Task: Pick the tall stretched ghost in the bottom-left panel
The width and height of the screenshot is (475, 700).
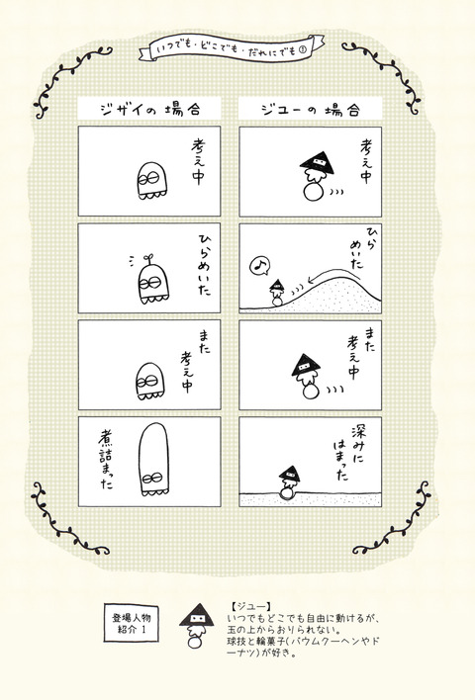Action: coord(151,463)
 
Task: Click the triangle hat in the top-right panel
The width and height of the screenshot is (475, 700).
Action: coord(316,157)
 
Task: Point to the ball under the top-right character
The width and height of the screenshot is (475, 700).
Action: coord(316,193)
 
